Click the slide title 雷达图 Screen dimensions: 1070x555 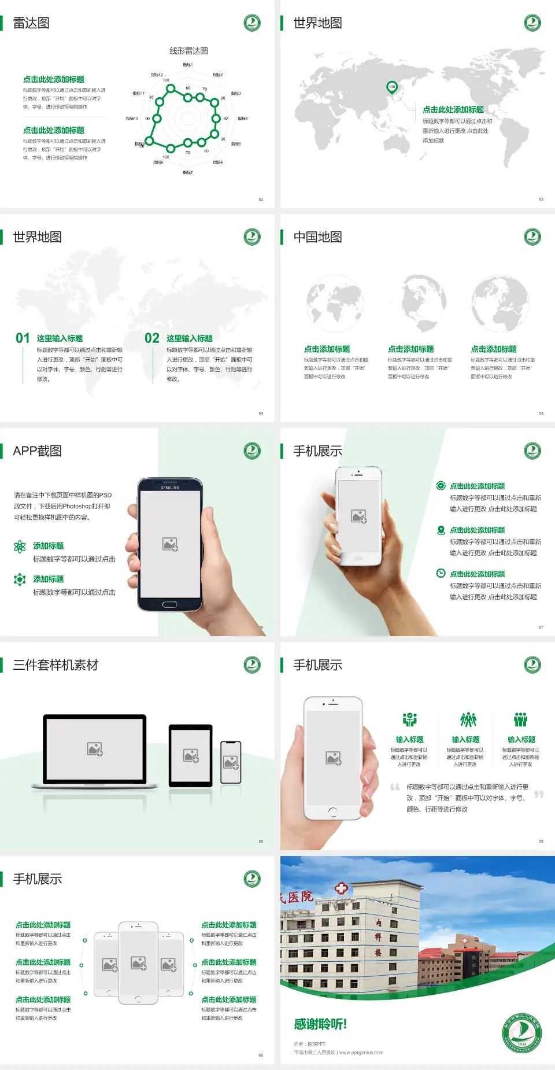pyautogui.click(x=31, y=23)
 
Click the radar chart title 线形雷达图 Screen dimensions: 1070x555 pyautogui.click(x=188, y=51)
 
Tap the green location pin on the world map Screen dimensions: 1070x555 pyautogui.click(x=391, y=87)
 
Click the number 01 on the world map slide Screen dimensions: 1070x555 pyautogui.click(x=23, y=338)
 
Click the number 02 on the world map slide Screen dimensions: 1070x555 pyautogui.click(x=152, y=338)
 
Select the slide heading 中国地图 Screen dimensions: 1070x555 pyautogui.click(x=317, y=237)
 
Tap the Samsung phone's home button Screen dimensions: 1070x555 pyautogui.click(x=169, y=604)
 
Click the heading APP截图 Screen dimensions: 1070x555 pyautogui.click(x=37, y=451)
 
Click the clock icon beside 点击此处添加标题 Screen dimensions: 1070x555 pyautogui.click(x=441, y=573)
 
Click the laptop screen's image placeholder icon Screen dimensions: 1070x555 pyautogui.click(x=95, y=749)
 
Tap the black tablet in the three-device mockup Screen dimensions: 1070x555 pyautogui.click(x=191, y=755)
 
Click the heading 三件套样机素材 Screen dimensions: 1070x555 pyautogui.click(x=55, y=665)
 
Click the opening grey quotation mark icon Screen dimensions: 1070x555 pyautogui.click(x=395, y=787)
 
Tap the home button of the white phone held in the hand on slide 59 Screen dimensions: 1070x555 pyautogui.click(x=332, y=812)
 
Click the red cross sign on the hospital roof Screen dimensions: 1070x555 pyautogui.click(x=341, y=888)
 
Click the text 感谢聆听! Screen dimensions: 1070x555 pyautogui.click(x=320, y=1024)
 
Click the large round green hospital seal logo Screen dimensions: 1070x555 pyautogui.click(x=521, y=1033)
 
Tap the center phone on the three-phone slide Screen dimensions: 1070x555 pyautogui.click(x=138, y=962)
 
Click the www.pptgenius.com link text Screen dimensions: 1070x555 pyautogui.click(x=361, y=1053)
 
